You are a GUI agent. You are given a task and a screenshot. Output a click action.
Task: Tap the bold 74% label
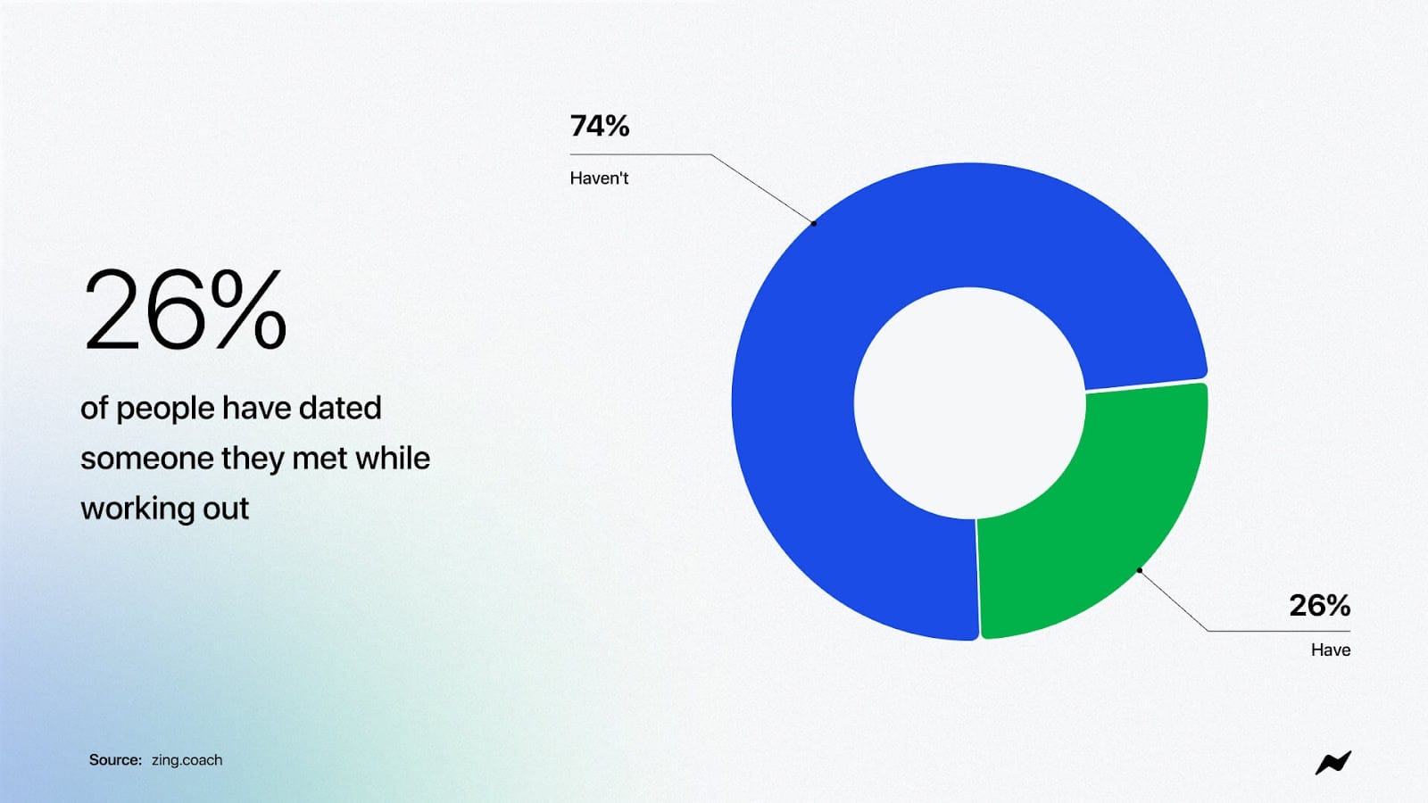point(599,126)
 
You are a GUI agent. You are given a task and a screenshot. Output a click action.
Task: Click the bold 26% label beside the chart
point(1320,606)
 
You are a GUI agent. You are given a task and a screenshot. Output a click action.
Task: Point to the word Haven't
point(599,178)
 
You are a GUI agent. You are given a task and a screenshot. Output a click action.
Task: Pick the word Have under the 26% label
point(1331,650)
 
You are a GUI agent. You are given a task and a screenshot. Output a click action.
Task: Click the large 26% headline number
point(185,310)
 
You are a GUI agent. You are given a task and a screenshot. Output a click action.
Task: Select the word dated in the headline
point(340,408)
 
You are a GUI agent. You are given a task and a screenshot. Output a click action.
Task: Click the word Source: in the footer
point(115,759)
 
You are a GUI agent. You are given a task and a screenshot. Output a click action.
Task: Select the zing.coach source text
point(187,759)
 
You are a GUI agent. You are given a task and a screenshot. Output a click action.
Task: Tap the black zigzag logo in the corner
point(1333,763)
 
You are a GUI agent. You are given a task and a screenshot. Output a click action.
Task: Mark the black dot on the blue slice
point(813,223)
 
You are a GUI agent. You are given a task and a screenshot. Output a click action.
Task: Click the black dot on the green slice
point(1139,570)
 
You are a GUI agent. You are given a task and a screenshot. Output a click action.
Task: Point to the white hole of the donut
point(969,402)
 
